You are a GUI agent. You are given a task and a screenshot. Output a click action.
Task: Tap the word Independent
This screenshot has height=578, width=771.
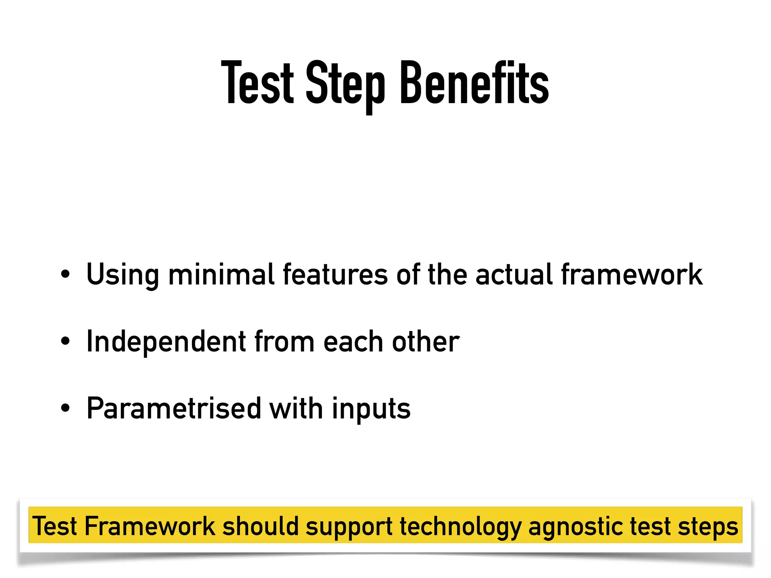[x=166, y=342]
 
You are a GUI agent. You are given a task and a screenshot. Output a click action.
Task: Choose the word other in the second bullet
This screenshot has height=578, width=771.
[x=426, y=342]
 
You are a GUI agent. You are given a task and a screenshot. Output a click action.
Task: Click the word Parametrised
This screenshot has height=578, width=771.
[x=174, y=409]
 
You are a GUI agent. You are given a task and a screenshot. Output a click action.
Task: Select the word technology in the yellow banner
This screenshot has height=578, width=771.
[x=460, y=527]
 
